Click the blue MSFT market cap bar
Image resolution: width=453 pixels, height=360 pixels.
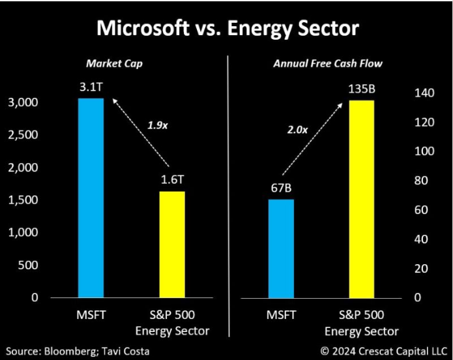click(x=91, y=198)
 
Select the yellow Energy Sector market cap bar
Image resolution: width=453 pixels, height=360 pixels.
click(x=172, y=245)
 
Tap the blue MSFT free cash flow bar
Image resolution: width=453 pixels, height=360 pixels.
click(x=281, y=248)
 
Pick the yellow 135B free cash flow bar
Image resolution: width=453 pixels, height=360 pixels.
click(x=362, y=199)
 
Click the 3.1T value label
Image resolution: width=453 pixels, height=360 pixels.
click(x=91, y=87)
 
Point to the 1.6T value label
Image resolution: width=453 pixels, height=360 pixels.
click(x=172, y=180)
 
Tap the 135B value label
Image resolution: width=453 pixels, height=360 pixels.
click(x=362, y=88)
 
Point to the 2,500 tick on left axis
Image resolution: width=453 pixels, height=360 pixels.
click(x=23, y=135)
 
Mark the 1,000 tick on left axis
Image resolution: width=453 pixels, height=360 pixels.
click(x=23, y=232)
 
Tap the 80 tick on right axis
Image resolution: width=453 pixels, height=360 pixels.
click(x=424, y=181)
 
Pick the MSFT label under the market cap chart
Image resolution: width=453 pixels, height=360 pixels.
click(x=90, y=316)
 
